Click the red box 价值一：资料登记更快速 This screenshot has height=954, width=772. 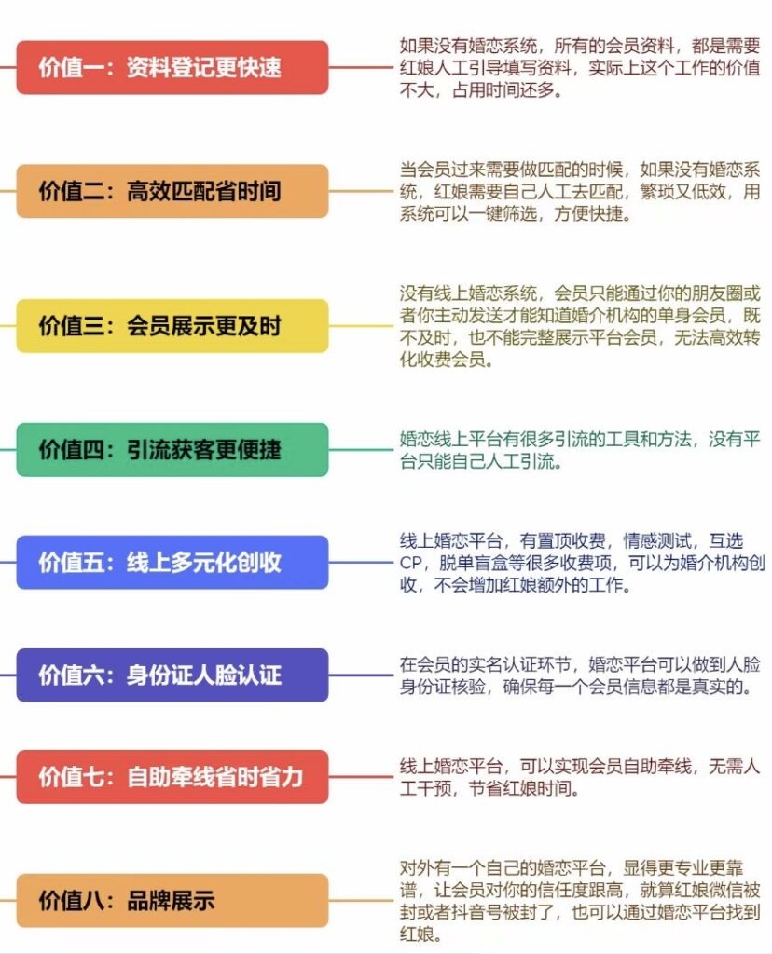(172, 67)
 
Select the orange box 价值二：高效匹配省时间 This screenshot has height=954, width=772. (172, 191)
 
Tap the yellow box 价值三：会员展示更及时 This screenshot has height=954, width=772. (172, 325)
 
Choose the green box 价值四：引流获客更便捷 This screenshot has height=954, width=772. (172, 450)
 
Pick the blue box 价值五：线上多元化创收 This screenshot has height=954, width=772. (172, 562)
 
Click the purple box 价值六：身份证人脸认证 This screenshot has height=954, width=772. (172, 675)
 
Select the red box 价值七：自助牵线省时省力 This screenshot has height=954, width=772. (172, 776)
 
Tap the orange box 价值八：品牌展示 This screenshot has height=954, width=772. (172, 901)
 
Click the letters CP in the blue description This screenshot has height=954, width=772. (411, 563)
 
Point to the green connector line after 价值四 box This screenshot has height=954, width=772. (361, 450)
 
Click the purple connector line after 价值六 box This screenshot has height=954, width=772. (361, 675)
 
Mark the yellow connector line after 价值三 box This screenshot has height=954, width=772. (361, 325)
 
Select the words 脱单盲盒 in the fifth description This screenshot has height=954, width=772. (474, 563)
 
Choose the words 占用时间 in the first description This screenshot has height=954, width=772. (486, 90)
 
